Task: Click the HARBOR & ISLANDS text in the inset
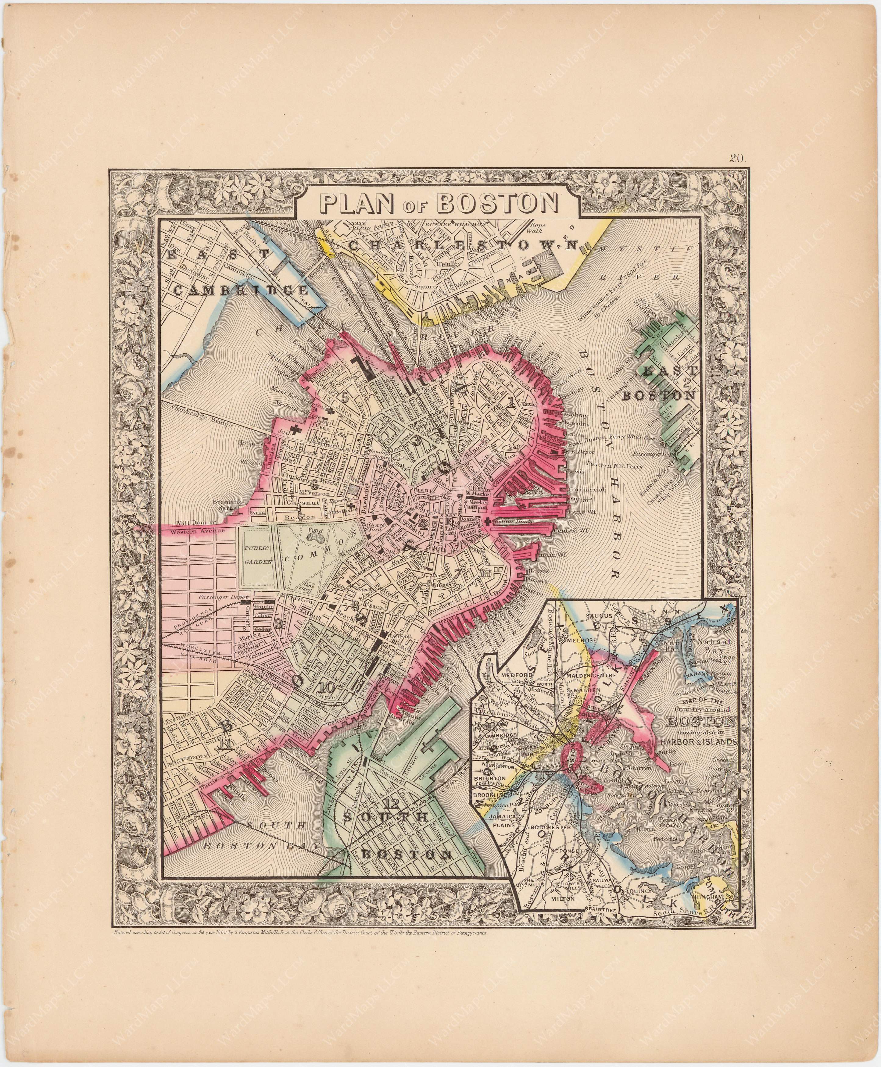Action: point(698,741)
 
